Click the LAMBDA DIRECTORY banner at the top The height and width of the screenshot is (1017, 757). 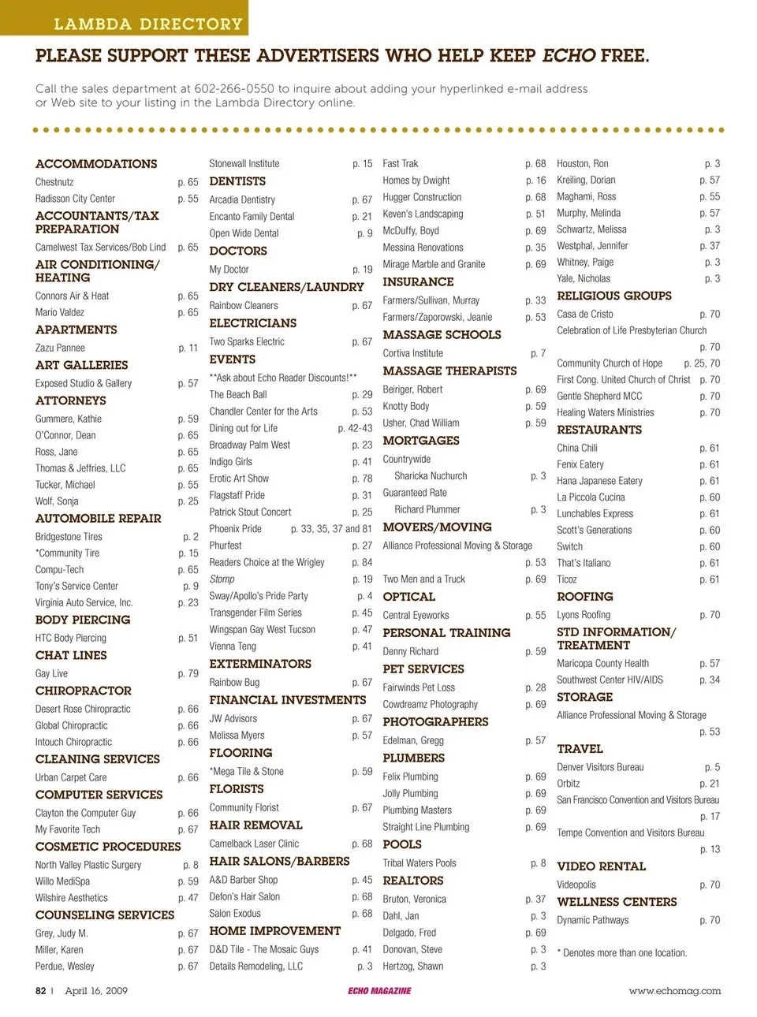pos(147,24)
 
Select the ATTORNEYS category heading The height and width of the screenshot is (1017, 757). pos(71,400)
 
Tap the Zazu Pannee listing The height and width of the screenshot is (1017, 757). pos(60,348)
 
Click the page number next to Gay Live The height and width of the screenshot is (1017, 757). pos(188,673)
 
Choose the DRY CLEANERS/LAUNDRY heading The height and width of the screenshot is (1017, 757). pos(286,287)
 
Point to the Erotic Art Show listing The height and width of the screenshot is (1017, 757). pos(239,479)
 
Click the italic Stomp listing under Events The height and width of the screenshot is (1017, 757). pos(222,579)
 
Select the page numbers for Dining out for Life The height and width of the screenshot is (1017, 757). pos(355,428)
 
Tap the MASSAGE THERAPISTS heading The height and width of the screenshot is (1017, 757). pos(449,371)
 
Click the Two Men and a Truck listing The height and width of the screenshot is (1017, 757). pos(423,579)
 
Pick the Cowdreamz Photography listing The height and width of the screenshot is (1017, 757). pos(430,704)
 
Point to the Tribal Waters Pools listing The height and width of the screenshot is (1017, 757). pos(420,862)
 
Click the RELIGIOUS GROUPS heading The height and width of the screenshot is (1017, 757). pos(614,296)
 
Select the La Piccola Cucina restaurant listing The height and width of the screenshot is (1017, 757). pos(591,497)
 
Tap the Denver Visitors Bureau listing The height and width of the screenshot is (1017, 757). pos(600,767)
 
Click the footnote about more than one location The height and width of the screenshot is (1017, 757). pos(621,952)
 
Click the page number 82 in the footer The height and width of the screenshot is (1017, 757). pos(41,991)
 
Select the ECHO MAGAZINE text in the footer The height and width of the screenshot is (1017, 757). pos(379,991)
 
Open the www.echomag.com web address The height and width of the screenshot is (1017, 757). pos(674,991)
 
